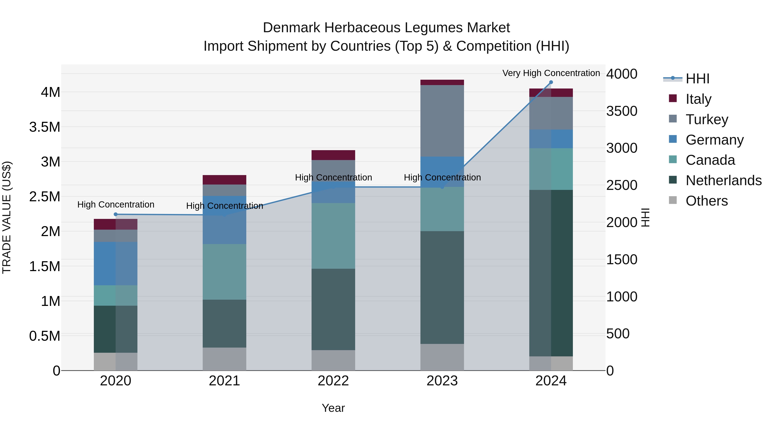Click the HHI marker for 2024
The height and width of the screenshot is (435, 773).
pyautogui.click(x=551, y=82)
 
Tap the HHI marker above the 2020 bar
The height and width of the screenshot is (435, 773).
pyautogui.click(x=116, y=214)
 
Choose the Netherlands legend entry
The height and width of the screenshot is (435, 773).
pyautogui.click(x=723, y=180)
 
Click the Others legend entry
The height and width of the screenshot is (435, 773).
pyautogui.click(x=706, y=201)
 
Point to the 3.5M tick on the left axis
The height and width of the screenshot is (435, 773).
pyautogui.click(x=45, y=127)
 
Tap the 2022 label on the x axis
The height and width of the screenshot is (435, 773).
pyautogui.click(x=333, y=381)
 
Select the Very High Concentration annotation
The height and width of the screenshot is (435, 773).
pyautogui.click(x=551, y=73)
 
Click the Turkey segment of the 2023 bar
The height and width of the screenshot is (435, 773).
pyautogui.click(x=442, y=121)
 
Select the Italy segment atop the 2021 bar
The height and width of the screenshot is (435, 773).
pyautogui.click(x=224, y=180)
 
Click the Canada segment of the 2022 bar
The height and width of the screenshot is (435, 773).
pyautogui.click(x=333, y=236)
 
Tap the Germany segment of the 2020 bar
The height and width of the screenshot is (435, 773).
pyautogui.click(x=116, y=263)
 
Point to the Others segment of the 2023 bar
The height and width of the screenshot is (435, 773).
pyautogui.click(x=442, y=357)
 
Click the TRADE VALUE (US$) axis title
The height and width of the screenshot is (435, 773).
pyautogui.click(x=7, y=217)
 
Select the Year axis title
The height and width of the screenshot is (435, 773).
pyautogui.click(x=333, y=408)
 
